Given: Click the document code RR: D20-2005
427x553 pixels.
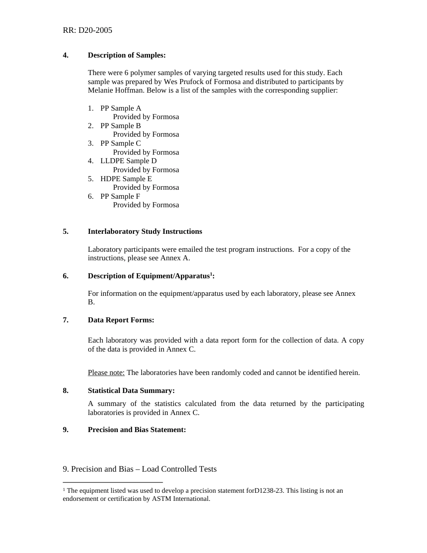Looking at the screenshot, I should click(87, 31).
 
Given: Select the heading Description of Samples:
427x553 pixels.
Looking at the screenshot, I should click(127, 55).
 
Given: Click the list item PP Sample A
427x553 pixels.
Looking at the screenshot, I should click(120, 108).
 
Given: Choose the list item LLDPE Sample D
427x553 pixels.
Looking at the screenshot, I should click(128, 161).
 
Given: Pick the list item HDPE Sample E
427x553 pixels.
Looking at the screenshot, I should click(126, 179).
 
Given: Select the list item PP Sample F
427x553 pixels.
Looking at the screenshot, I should click(120, 196).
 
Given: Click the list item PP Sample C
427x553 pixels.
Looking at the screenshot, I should click(120, 143).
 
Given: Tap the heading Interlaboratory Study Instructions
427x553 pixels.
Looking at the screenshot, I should click(145, 232).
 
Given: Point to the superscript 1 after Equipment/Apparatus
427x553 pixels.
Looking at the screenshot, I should click(211, 274).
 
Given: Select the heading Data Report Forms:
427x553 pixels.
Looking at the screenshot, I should click(121, 320).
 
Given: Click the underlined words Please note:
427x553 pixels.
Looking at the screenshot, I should click(106, 373).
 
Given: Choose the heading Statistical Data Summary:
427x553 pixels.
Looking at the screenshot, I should click(131, 391).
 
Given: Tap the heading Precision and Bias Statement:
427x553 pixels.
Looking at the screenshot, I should click(137, 430).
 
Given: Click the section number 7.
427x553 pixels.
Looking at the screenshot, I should click(66, 320).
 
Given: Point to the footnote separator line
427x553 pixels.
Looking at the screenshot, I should click(112, 482).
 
